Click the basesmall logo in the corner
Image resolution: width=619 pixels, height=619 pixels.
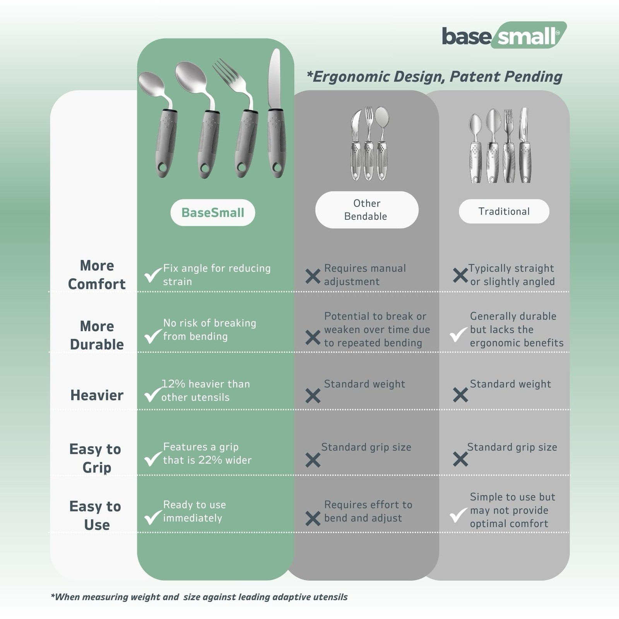504,35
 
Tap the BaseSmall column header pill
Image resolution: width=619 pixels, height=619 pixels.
213,212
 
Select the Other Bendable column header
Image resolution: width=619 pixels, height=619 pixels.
367,210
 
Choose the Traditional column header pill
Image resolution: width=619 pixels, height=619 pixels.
504,211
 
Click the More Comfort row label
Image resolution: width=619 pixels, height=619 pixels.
97,275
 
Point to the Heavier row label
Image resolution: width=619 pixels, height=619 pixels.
97,395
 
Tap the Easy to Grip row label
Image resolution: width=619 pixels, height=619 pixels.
96,458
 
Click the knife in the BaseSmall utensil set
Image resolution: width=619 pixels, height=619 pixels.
276,113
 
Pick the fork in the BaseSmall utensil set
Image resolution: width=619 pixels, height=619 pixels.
240,118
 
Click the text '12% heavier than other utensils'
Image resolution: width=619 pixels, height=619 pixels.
205,390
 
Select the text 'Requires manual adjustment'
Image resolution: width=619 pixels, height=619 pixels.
365,275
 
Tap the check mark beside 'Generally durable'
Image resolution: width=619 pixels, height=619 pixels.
458,334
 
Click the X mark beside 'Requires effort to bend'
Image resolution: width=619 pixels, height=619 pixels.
313,518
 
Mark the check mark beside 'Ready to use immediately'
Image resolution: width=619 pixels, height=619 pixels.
153,517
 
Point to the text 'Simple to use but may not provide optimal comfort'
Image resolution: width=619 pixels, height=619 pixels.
512,510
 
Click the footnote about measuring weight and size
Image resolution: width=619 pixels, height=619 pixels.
199,597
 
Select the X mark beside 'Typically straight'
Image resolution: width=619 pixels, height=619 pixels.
460,275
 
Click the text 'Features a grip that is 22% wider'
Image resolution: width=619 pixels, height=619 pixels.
207,453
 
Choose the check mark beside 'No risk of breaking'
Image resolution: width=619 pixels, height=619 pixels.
153,336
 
